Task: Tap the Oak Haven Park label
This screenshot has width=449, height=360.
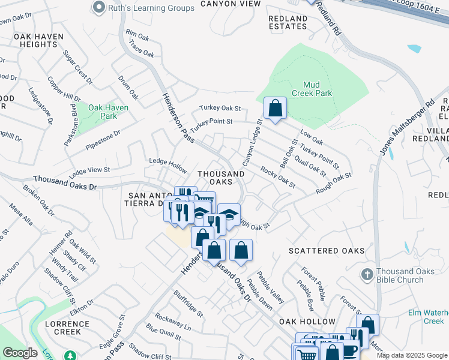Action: [x=103, y=112]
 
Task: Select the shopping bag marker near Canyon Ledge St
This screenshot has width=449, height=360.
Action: [x=275, y=109]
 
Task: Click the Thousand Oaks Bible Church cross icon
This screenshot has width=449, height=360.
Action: [x=368, y=274]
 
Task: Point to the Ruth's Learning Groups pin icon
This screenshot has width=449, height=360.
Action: [x=99, y=7]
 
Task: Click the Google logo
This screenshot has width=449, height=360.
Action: [x=19, y=353]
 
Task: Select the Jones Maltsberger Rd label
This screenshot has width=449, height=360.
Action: [x=406, y=127]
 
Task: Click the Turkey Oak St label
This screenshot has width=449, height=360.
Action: [x=220, y=109]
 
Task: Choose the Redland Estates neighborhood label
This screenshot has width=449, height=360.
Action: [x=288, y=23]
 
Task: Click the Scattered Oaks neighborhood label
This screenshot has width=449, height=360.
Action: [x=327, y=250]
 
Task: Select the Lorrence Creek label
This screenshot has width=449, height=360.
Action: [x=67, y=328]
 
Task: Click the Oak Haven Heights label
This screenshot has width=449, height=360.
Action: [x=38, y=40]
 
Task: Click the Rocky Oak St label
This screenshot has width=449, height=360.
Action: [x=278, y=178]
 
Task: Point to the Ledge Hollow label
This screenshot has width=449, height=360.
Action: [x=167, y=163]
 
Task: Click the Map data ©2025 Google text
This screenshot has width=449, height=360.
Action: [x=412, y=355]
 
